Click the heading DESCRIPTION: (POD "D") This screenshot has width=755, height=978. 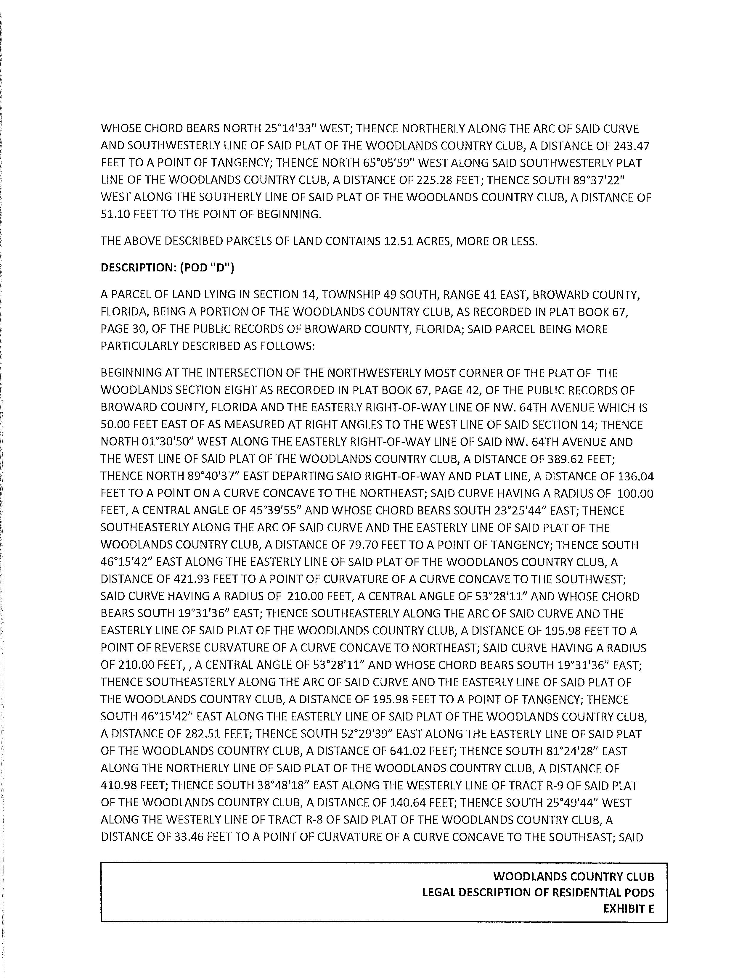click(x=168, y=268)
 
